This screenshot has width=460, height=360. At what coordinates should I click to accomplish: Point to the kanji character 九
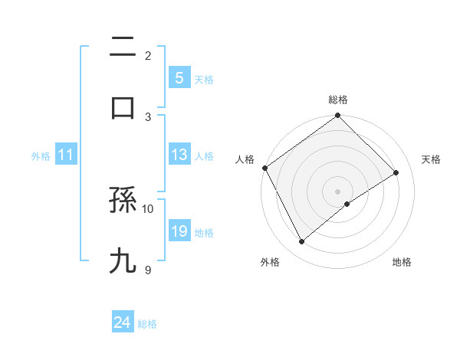pos(123,260)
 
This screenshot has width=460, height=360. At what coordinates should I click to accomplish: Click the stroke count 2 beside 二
pos(149,55)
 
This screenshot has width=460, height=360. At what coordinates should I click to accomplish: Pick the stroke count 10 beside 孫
pos(148,208)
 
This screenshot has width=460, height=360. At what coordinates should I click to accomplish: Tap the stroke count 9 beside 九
pos(149,269)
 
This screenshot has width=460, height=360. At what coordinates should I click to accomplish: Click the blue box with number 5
pos(179,78)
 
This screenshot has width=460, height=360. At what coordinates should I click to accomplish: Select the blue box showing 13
pos(179,155)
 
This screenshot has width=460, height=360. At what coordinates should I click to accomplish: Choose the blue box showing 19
pos(179,231)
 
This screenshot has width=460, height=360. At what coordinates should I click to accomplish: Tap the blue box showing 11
pos(65,155)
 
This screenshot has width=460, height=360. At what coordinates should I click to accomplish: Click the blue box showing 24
pos(123,323)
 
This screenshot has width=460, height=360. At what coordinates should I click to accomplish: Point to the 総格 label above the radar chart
pos(337,100)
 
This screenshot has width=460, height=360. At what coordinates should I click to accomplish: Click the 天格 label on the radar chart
pos(431,159)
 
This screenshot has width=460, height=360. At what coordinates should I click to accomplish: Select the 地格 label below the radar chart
pos(402,262)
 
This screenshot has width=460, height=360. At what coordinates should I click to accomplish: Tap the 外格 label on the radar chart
pos(270,262)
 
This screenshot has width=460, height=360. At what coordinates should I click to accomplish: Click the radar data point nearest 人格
pos(264,168)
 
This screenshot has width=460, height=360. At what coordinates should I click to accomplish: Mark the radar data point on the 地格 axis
pos(347,203)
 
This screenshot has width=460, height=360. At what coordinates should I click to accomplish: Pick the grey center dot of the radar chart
pos(337,191)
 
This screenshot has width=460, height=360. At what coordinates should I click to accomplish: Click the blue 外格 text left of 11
pos(41,156)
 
